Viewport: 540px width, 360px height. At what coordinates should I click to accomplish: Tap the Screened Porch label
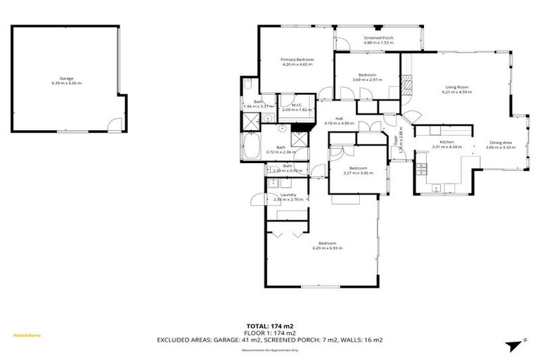pyautogui.click(x=378, y=38)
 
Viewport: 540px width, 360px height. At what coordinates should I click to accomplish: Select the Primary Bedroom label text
pyautogui.click(x=297, y=60)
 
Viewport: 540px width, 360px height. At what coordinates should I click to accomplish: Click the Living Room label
pyautogui.click(x=456, y=87)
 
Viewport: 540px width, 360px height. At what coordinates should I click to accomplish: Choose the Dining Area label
pyautogui.click(x=500, y=143)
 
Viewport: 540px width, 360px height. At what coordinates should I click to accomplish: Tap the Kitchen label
pyautogui.click(x=437, y=142)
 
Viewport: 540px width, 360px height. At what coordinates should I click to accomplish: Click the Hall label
pyautogui.click(x=338, y=118)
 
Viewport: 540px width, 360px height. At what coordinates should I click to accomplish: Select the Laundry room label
pyautogui.click(x=288, y=195)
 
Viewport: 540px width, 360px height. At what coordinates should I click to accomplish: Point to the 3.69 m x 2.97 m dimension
pyautogui.click(x=367, y=79)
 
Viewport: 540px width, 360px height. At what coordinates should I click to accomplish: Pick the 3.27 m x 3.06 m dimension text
pyautogui.click(x=358, y=173)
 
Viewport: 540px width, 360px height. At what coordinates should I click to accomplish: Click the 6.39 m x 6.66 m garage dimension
pyautogui.click(x=66, y=83)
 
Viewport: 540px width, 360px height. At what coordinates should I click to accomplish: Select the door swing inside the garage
pyautogui.click(x=111, y=126)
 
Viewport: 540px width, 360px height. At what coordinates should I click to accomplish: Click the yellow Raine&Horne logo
pyautogui.click(x=27, y=335)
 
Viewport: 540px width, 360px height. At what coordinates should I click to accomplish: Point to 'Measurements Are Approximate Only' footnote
pyautogui.click(x=270, y=349)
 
